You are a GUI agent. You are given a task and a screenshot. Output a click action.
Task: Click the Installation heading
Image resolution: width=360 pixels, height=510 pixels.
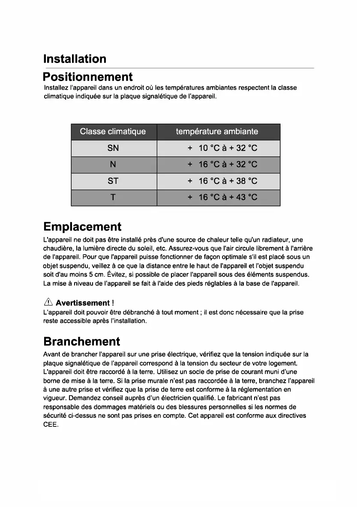click(x=75, y=59)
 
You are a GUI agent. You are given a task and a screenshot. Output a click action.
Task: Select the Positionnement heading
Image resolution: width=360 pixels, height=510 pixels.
click(x=88, y=77)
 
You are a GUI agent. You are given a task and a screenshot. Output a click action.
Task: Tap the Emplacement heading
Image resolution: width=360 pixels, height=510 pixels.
click(x=82, y=227)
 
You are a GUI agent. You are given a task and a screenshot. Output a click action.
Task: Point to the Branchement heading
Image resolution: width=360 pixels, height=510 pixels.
click(x=82, y=342)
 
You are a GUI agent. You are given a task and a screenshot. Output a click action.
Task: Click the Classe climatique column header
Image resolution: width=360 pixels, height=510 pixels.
click(x=113, y=132)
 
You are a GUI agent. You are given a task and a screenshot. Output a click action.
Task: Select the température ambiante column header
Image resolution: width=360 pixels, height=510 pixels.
click(x=217, y=132)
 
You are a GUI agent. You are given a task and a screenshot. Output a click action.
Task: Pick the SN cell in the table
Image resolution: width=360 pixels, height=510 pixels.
click(x=113, y=148)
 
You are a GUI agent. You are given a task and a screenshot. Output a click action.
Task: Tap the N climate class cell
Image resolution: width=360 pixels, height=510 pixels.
click(x=113, y=165)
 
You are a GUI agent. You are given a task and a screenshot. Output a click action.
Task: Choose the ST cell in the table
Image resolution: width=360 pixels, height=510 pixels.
click(x=113, y=181)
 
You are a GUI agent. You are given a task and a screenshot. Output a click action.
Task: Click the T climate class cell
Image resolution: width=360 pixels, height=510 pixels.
click(x=113, y=197)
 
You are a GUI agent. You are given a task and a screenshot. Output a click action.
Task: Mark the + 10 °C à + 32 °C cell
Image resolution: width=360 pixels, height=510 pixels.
click(x=222, y=148)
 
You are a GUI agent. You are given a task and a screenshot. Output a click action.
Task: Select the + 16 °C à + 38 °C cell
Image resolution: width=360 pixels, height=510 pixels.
click(x=222, y=181)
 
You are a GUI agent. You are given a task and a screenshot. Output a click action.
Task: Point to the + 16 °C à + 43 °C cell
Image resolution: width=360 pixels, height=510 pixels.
click(x=222, y=197)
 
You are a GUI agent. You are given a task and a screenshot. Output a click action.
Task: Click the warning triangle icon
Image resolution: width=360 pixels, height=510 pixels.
click(x=48, y=303)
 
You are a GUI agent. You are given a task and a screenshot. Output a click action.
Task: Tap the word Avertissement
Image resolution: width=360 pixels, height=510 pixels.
click(x=82, y=303)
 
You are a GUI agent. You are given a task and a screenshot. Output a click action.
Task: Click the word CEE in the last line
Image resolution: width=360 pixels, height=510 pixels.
click(x=51, y=424)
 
